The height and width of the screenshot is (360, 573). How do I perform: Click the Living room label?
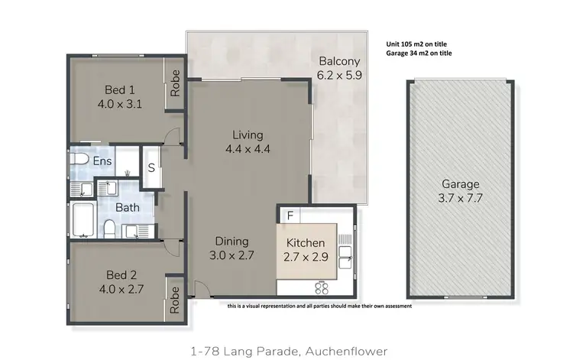(x=248, y=135)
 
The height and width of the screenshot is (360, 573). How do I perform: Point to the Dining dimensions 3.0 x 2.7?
(x=231, y=255)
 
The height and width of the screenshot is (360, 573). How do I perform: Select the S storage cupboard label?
(x=151, y=167)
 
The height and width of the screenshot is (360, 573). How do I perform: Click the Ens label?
(x=103, y=161)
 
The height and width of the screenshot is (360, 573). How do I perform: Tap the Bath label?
(x=127, y=207)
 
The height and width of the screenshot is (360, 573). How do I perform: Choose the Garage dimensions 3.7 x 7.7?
(x=460, y=197)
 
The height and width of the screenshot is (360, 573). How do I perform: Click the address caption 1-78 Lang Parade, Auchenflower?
(x=286, y=351)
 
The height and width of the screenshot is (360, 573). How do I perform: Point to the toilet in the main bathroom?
(x=108, y=228)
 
